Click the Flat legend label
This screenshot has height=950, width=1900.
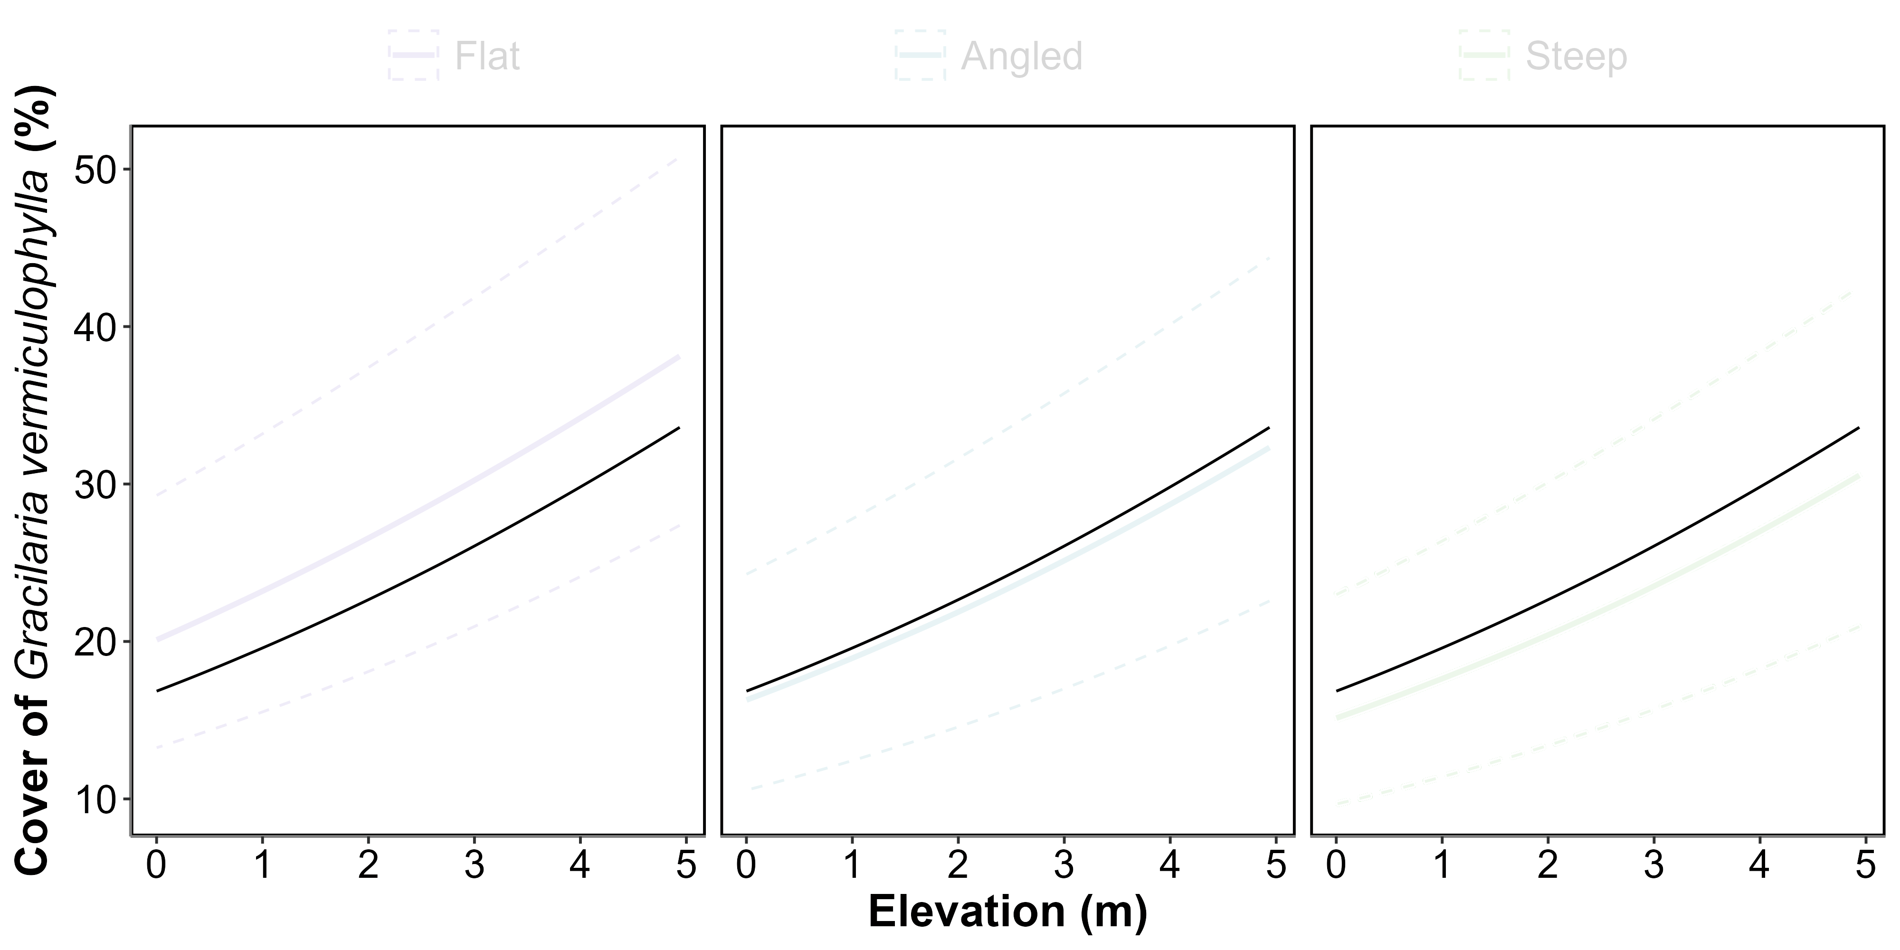(487, 56)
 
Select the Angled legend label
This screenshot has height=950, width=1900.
(1022, 56)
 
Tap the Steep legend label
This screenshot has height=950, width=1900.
(1576, 56)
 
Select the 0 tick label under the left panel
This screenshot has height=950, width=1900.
(156, 864)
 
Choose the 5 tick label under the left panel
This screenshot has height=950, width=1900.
(686, 864)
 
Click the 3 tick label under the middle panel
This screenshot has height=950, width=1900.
(1064, 864)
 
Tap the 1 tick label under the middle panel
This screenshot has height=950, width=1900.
(852, 864)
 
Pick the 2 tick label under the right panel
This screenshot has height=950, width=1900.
(1548, 864)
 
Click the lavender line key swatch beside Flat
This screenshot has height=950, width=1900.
(414, 55)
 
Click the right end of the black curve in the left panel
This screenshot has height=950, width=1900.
(679, 428)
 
